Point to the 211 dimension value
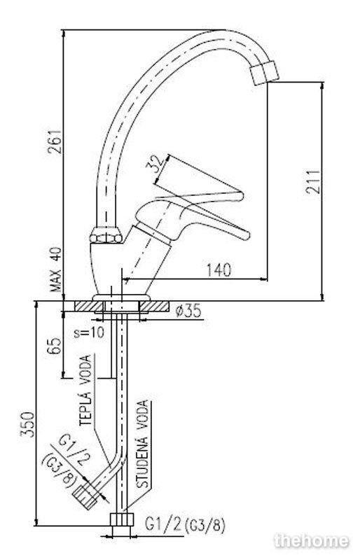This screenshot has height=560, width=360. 313,181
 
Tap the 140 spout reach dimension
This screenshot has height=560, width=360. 219,269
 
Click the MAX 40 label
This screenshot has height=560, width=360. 56,269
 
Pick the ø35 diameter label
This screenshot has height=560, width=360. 188,311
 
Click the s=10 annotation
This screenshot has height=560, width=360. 89,333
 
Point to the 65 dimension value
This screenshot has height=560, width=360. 55,345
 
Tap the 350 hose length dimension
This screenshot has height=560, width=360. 27,424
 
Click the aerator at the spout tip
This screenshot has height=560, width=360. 265,73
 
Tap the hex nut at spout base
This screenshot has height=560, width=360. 106,236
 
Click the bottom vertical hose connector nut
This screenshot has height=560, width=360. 122,519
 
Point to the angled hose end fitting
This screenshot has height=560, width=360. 85,497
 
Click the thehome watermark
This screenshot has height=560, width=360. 312,541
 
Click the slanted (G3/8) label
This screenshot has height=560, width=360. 59,470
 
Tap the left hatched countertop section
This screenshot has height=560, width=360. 88,307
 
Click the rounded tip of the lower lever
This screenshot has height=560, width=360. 246,236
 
